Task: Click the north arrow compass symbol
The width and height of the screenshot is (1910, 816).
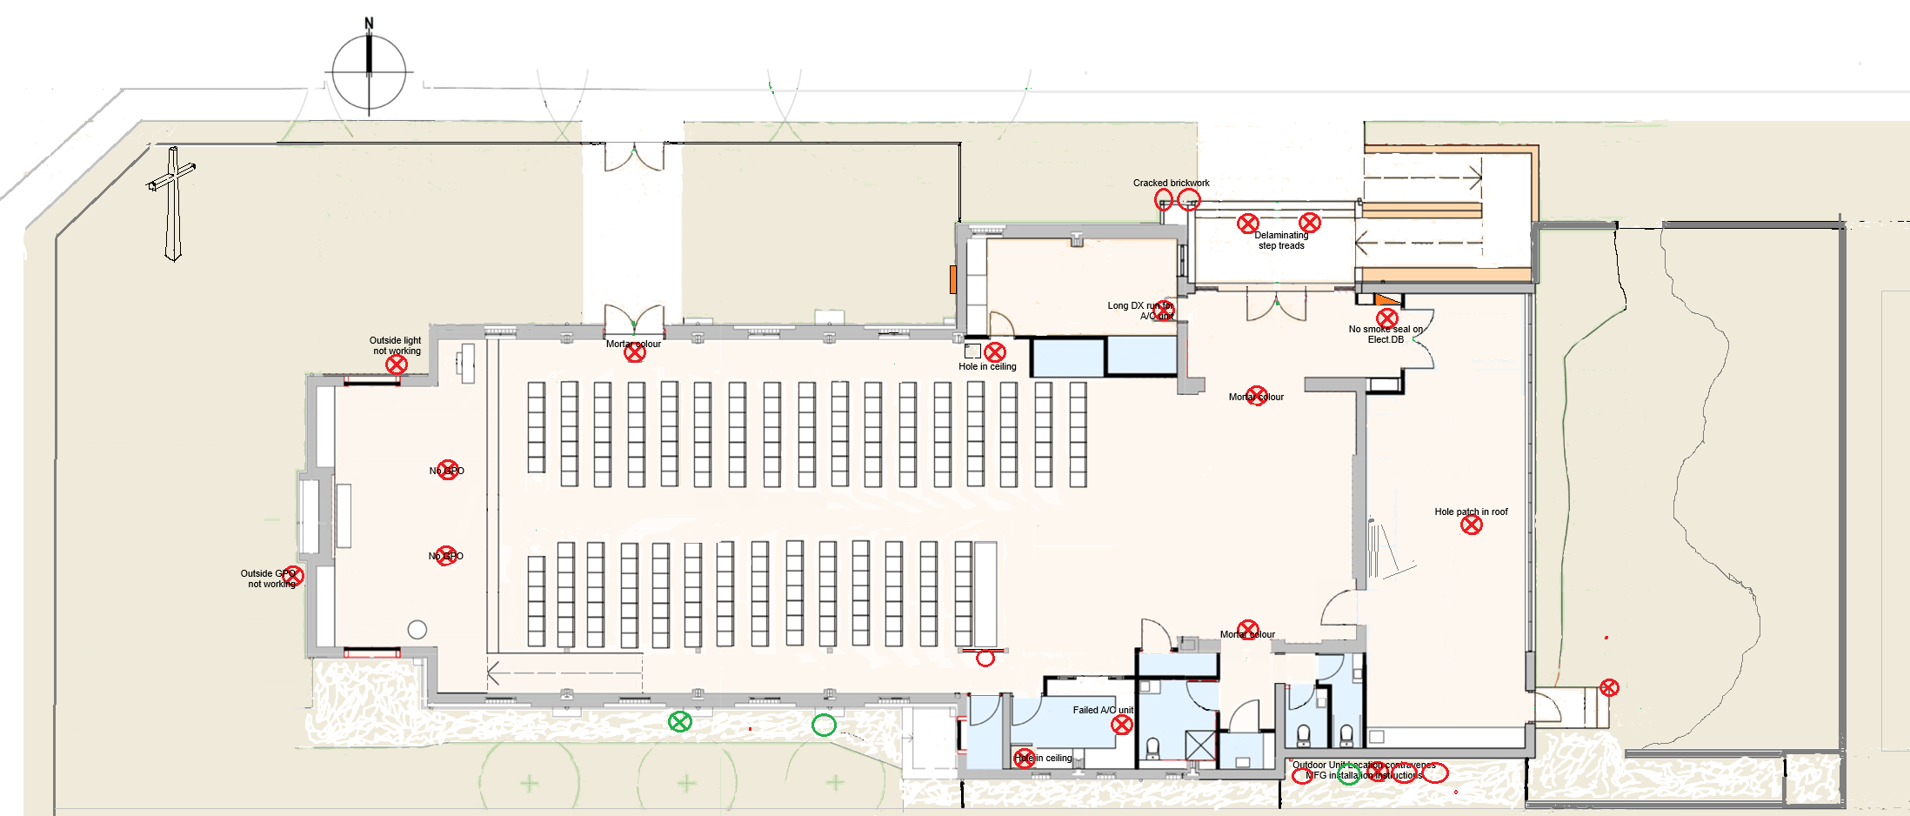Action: (x=369, y=71)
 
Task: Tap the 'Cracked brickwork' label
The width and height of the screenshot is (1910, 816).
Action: (x=1171, y=184)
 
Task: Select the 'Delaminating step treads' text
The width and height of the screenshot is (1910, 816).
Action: (x=1281, y=241)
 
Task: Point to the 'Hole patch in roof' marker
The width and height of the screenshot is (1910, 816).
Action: (x=1471, y=525)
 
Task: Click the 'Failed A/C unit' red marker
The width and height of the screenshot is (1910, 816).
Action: (x=1122, y=725)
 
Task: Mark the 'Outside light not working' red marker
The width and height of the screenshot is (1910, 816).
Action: (x=397, y=365)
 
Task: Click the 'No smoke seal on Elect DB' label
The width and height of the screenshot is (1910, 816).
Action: (x=1386, y=335)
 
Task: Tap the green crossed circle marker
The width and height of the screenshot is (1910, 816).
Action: (x=679, y=721)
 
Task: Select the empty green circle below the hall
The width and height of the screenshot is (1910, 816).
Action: (x=824, y=725)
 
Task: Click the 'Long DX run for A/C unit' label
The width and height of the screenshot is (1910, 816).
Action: (x=1140, y=311)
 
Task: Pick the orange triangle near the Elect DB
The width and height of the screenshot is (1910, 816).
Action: (x=1387, y=300)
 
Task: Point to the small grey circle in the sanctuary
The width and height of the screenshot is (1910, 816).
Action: (x=417, y=630)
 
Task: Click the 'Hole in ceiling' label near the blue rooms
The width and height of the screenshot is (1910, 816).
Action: (x=987, y=367)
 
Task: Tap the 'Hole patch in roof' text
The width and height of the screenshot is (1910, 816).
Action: (x=1471, y=512)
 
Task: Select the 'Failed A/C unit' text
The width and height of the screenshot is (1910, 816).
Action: (x=1103, y=711)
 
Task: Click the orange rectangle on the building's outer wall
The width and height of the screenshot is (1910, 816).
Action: (x=953, y=280)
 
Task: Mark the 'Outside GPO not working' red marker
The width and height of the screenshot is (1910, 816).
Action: (x=293, y=575)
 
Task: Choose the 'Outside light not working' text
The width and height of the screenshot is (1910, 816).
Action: (x=396, y=345)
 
